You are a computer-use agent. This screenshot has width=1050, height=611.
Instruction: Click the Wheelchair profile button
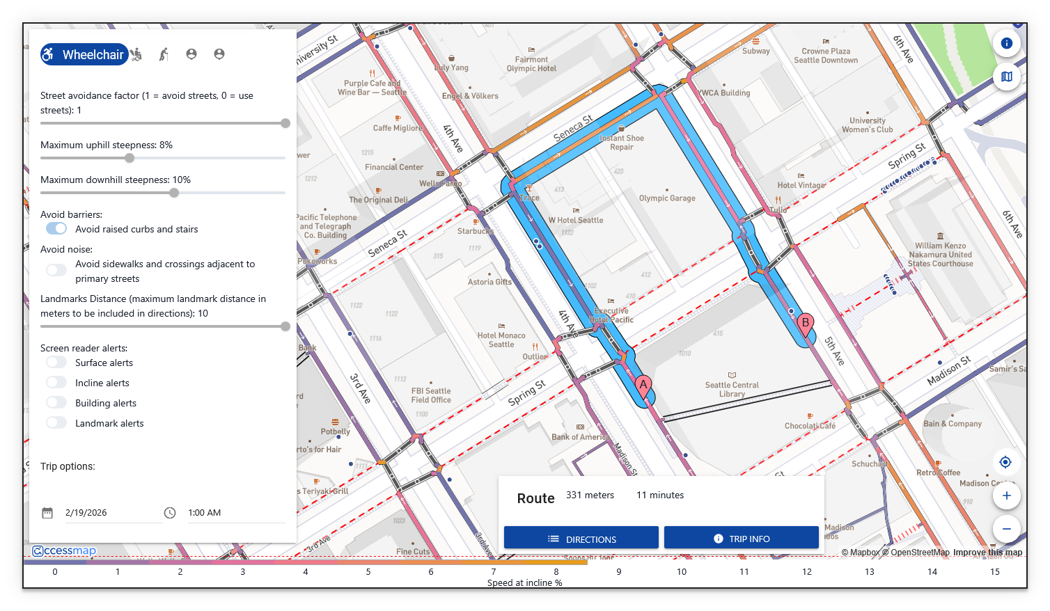(x=84, y=54)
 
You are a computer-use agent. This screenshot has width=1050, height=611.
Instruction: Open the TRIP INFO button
(x=741, y=539)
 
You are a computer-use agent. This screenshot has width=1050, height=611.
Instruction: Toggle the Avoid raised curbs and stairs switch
(x=56, y=229)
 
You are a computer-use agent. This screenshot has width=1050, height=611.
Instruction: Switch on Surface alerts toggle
(x=56, y=363)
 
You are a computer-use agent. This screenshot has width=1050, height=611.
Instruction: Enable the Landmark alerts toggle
(x=56, y=423)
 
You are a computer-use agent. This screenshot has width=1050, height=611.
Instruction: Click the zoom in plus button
(x=1006, y=495)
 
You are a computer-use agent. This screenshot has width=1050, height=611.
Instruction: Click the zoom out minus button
(x=1006, y=529)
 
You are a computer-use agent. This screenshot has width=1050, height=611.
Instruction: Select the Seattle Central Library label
(x=732, y=389)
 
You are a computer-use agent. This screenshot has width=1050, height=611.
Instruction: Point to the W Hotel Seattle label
(x=576, y=220)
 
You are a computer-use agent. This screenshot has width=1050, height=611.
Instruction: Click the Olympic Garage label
(x=667, y=198)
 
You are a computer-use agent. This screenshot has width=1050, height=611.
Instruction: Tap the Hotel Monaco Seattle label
(x=501, y=340)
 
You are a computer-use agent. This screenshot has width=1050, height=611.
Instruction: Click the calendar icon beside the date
(x=47, y=513)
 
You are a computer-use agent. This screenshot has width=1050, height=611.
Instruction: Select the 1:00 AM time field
(x=204, y=513)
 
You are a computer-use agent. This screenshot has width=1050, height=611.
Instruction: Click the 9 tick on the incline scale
(x=619, y=572)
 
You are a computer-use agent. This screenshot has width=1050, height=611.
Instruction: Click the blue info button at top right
(x=1006, y=43)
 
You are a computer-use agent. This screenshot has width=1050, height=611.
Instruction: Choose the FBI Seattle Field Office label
(x=431, y=395)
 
